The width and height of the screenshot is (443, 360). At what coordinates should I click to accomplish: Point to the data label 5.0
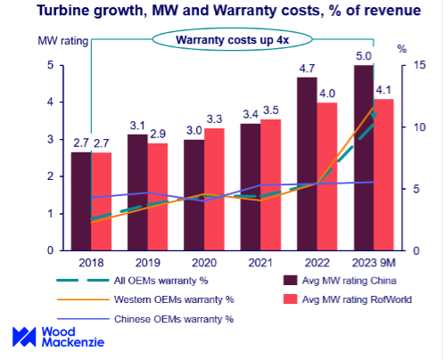click(363, 56)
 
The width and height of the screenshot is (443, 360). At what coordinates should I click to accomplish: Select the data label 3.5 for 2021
click(271, 110)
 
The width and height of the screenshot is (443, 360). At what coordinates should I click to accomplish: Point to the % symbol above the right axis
click(401, 48)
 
